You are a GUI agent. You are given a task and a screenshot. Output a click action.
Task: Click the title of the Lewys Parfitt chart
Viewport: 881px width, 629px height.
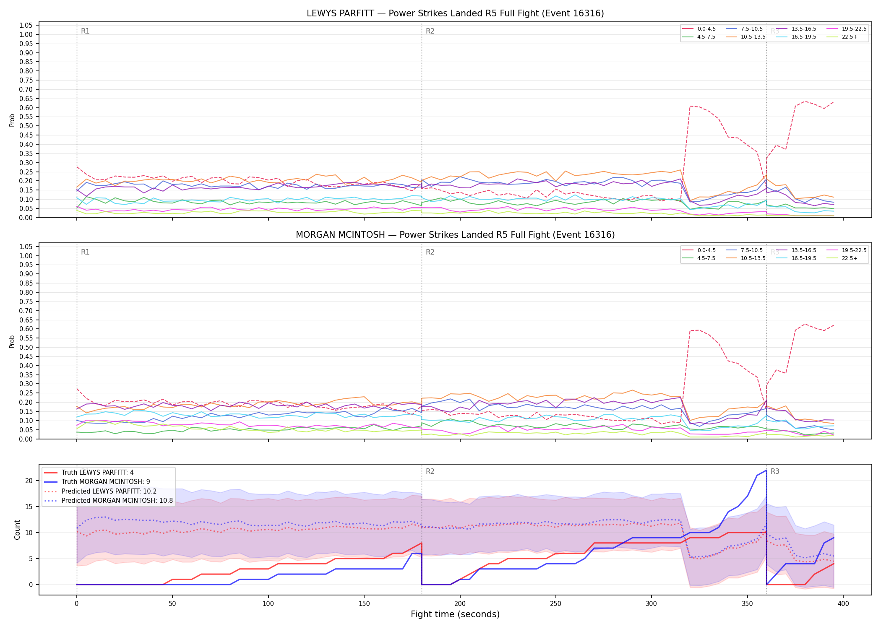click(x=455, y=13)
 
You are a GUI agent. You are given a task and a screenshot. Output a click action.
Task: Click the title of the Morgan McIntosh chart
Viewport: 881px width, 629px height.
click(x=455, y=235)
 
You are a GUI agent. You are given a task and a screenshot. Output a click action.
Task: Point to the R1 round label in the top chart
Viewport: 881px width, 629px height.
click(x=85, y=31)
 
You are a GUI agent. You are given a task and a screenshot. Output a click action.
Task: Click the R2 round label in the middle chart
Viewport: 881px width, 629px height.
click(x=430, y=252)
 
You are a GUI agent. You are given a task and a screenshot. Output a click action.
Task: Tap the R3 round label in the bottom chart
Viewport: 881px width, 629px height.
click(x=775, y=471)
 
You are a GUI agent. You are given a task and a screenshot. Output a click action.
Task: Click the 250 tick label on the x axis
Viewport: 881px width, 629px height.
click(x=556, y=604)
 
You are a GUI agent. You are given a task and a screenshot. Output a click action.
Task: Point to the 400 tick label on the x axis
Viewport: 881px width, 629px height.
click(x=843, y=604)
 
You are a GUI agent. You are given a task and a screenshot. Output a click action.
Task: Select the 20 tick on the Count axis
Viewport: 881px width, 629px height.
click(x=29, y=481)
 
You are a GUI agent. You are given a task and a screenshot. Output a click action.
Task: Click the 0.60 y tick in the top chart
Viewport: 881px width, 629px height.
click(x=26, y=108)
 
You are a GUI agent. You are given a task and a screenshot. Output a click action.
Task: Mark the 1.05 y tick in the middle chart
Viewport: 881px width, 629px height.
click(x=26, y=247)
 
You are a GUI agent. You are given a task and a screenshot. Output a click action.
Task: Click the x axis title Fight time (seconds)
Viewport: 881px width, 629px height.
click(x=455, y=614)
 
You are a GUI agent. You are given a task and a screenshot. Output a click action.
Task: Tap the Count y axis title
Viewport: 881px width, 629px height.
click(x=17, y=530)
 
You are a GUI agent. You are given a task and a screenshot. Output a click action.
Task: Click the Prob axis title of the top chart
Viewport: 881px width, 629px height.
click(x=12, y=120)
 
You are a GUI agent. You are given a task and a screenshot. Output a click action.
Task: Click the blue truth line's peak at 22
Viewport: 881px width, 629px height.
click(x=766, y=470)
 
